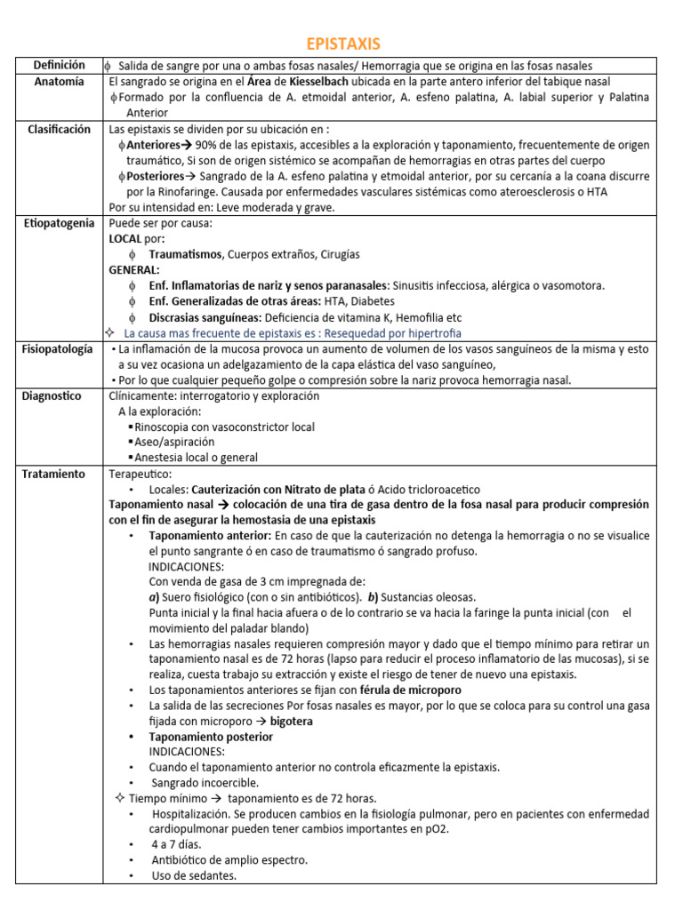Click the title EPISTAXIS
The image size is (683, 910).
point(342,44)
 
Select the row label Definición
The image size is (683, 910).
point(59,65)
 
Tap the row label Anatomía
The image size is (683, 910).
point(59,81)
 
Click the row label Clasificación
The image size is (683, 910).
point(59,129)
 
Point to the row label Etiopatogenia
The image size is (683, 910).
point(59,223)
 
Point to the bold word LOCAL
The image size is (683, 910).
point(125,239)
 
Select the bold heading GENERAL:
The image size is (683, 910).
point(134,269)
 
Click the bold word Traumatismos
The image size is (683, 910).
point(186,254)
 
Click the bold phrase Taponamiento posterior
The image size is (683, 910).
point(211,737)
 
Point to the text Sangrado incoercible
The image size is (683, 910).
point(205,783)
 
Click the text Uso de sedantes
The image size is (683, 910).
point(194,875)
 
